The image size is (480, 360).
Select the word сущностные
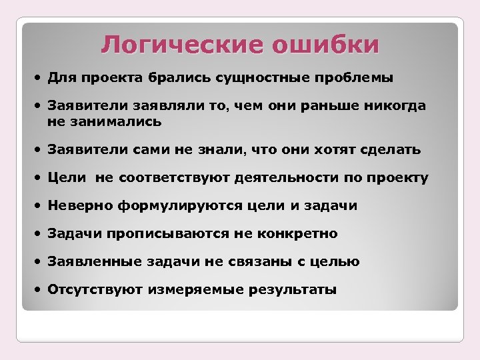pyautogui.click(x=259, y=79)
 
